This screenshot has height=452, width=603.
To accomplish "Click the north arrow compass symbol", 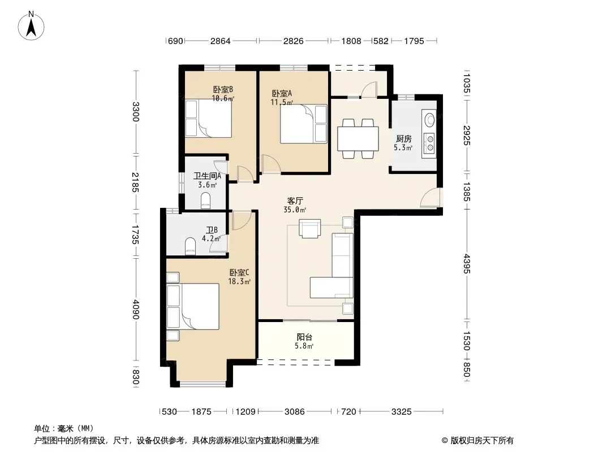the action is tap(31, 25).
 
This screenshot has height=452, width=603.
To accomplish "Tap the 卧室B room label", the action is tap(223, 89).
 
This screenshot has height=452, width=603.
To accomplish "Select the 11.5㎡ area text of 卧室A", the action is tap(282, 102).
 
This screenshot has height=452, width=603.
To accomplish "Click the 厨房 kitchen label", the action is tap(403, 138).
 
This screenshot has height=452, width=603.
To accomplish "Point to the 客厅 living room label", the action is tap(295, 201).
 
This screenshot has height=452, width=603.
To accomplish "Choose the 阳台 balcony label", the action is tap(304, 337).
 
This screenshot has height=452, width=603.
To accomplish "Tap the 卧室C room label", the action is tap(239, 273).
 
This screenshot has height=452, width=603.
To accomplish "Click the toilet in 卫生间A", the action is tap(206, 201).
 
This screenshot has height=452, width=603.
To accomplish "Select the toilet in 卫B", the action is tap(191, 246).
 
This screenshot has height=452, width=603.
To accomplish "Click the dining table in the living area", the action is tap(358, 138).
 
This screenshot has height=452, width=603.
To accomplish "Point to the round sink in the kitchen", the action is tap(429, 119).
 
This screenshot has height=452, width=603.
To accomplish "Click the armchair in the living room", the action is tap(309, 228).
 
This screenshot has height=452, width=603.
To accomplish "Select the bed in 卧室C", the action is tap(193, 306).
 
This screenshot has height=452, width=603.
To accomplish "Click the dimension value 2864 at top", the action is tap(221, 41).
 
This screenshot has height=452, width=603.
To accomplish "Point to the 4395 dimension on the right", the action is tap(467, 264).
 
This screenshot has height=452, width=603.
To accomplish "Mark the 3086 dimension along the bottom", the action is tap(295, 412).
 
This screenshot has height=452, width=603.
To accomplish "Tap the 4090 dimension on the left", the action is tap(135, 310).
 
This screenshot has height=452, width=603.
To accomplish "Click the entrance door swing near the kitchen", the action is tap(430, 197).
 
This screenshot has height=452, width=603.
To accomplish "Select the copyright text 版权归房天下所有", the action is tap(483, 441).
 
